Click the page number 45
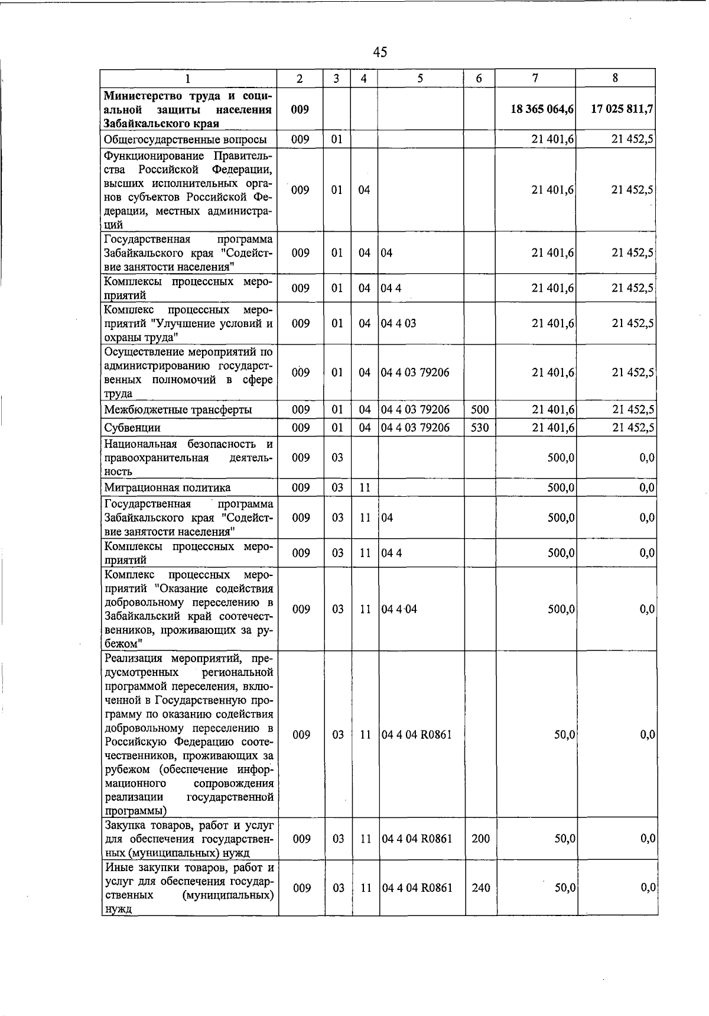380,52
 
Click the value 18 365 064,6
542,109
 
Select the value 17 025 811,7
622,109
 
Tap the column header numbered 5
419,78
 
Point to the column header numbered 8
615,78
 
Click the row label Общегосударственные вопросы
185,140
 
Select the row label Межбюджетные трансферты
178,410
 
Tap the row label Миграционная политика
167,488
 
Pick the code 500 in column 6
480,410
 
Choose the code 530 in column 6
480,428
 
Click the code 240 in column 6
480,888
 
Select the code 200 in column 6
480,839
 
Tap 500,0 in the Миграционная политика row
561,488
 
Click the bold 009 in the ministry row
300,109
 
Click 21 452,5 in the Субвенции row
632,428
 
